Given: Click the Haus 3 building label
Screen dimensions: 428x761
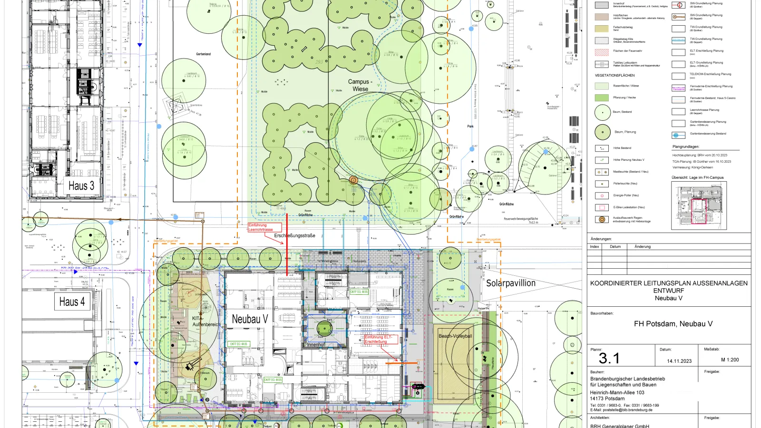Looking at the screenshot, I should tap(81, 186).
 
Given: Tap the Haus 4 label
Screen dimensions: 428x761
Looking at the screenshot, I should tap(72, 302).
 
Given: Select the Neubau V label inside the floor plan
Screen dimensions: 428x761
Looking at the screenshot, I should tap(250, 319).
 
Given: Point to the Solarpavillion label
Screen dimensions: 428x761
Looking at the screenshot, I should tap(510, 283).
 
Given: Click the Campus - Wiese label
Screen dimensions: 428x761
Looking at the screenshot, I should tap(360, 85).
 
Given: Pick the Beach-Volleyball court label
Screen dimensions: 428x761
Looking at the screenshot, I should tap(455, 336).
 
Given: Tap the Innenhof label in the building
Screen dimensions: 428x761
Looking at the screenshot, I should tap(316, 345).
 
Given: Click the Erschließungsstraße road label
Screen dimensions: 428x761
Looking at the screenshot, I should tap(294, 235).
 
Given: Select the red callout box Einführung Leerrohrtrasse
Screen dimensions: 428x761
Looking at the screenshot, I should tap(264, 227).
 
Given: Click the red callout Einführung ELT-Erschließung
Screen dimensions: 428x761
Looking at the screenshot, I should tap(380, 339).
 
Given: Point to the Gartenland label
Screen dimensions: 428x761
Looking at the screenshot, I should tap(203, 54).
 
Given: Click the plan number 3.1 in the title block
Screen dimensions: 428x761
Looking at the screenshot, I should tap(609, 358).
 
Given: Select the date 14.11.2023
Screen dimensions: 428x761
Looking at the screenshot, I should tap(679, 361).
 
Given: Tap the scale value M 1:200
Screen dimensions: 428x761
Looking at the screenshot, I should tap(730, 360).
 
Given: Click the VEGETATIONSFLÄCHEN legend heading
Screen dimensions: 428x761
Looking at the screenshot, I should tap(615, 75).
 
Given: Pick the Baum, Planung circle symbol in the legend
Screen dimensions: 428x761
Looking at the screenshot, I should tap(602, 132).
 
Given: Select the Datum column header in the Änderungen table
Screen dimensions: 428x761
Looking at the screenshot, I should tap(615, 246).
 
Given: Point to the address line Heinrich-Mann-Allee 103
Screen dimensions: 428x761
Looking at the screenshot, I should tap(617, 392).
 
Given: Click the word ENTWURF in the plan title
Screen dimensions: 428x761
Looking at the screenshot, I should tap(668, 291).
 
